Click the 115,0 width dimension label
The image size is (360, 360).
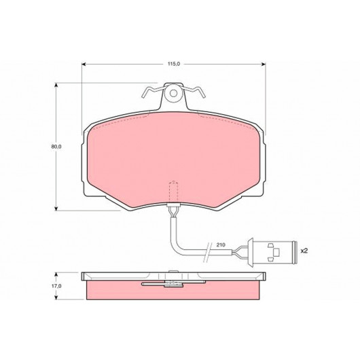coord(174,64)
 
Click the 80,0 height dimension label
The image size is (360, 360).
coord(56,147)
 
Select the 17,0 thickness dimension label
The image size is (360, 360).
coord(56,286)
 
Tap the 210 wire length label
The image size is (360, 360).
coord(221,245)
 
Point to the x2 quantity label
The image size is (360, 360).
coord(304,251)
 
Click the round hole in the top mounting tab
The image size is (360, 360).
coord(174,93)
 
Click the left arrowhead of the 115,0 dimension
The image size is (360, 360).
coord(84,64)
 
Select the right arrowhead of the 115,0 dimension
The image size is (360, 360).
coord(264,64)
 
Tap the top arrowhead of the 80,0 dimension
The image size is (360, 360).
coord(56,85)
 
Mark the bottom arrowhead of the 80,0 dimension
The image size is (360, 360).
coord(56,209)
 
